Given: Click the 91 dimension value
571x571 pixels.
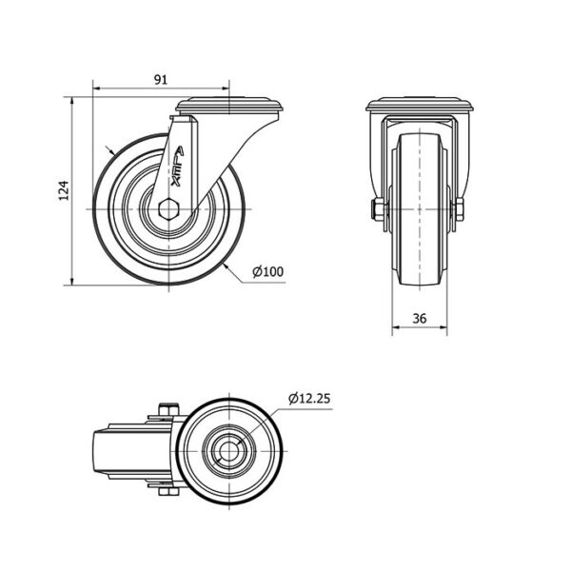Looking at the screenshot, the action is tap(161, 79).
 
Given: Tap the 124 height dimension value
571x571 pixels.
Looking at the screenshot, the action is tap(64, 190).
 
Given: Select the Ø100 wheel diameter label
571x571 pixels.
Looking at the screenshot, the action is tap(268, 271).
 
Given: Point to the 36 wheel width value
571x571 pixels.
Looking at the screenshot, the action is tap(420, 318).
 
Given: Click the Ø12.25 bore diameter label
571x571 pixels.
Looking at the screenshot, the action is tap(309, 399).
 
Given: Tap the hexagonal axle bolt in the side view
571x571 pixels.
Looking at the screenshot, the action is tap(168, 209).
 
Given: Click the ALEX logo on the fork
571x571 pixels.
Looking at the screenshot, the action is tap(177, 167).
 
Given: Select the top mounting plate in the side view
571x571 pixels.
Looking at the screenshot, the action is tap(229, 105).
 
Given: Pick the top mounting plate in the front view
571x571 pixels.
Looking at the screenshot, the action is tap(420, 105).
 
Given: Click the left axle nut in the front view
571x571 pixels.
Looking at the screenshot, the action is tap(379, 209).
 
